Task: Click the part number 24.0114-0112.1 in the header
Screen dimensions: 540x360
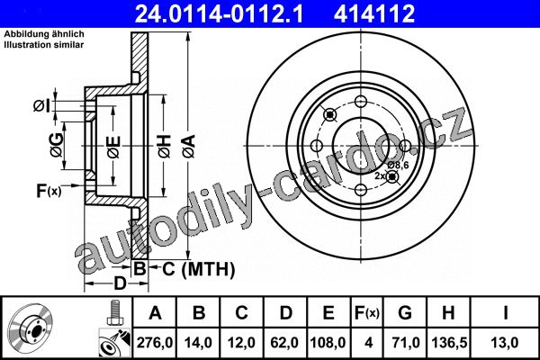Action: pyautogui.click(x=219, y=13)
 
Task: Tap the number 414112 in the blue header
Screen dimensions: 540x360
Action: pyautogui.click(x=374, y=13)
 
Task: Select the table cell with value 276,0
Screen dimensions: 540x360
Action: pyautogui.click(x=155, y=342)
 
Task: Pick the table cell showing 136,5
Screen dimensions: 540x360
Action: pyautogui.click(x=449, y=342)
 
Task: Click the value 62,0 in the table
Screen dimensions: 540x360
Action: pyautogui.click(x=285, y=342)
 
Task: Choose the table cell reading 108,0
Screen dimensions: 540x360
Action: pyautogui.click(x=328, y=342)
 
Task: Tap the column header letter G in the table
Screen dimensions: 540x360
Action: pyautogui.click(x=405, y=313)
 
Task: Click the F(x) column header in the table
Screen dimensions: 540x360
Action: pyautogui.click(x=367, y=313)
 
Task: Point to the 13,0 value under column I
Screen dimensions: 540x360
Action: pyautogui.click(x=505, y=342)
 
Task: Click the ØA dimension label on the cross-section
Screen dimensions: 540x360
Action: pyautogui.click(x=190, y=147)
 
